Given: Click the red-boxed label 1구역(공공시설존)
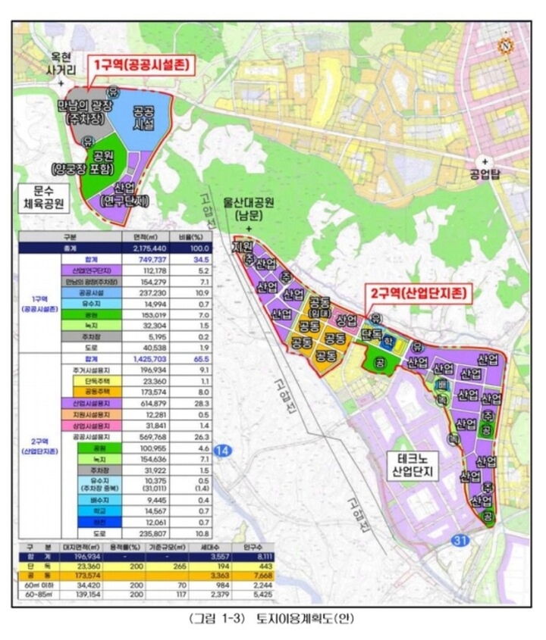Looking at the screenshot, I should [x=143, y=65].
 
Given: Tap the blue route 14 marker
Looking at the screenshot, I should [x=221, y=451].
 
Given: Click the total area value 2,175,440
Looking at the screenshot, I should [x=143, y=247].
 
